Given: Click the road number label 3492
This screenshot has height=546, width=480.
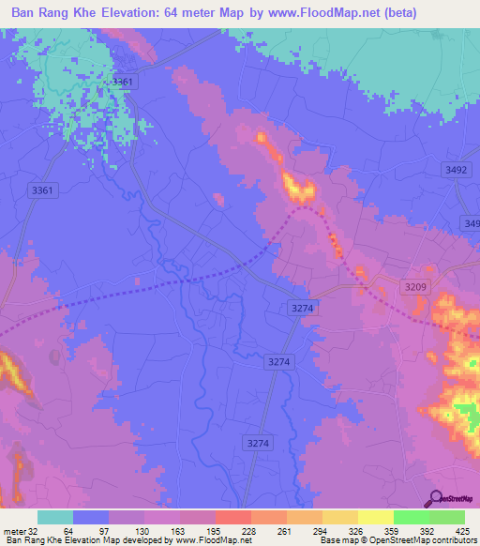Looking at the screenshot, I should (456, 169).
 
